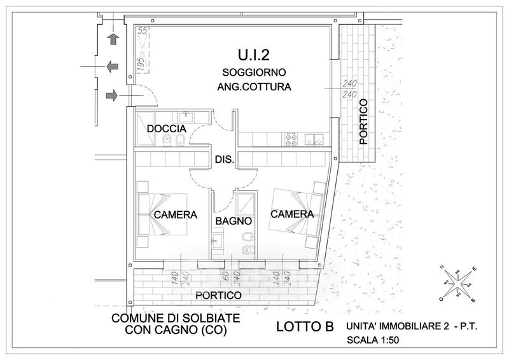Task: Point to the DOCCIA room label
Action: [x=167, y=129]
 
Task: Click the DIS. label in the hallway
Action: [x=225, y=160]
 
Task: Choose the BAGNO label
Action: [x=234, y=221]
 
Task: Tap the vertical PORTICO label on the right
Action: [x=363, y=121]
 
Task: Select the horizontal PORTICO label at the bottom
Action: [x=218, y=296]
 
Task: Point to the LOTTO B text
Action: [x=305, y=328]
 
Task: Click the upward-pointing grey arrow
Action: [x=114, y=39]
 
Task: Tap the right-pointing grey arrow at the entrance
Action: [x=112, y=95]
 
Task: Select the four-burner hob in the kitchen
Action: [x=292, y=139]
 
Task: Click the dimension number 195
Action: [x=140, y=64]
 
